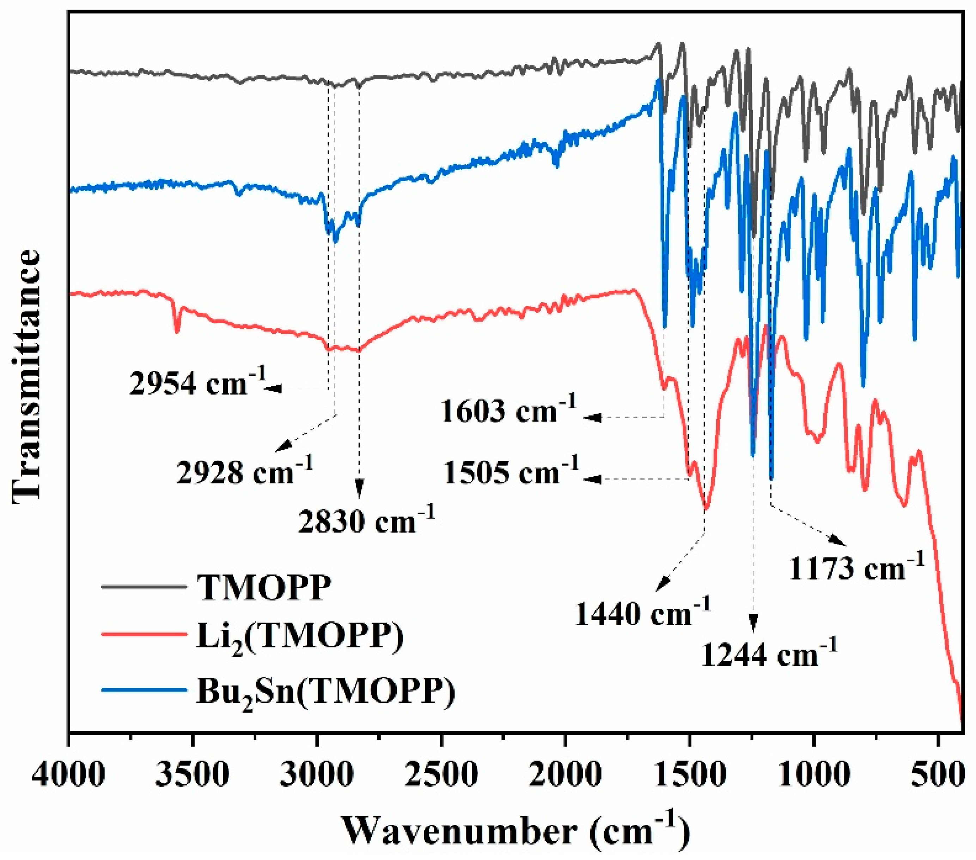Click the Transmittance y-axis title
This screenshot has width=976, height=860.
(26, 375)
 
